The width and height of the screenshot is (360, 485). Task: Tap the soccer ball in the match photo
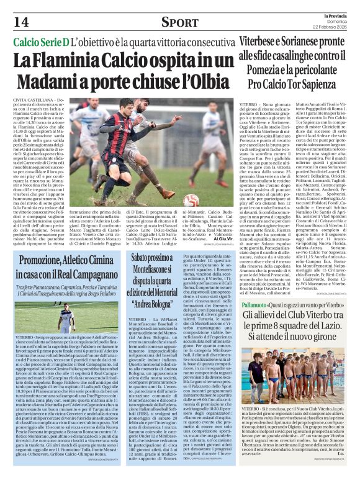click(191, 200)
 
